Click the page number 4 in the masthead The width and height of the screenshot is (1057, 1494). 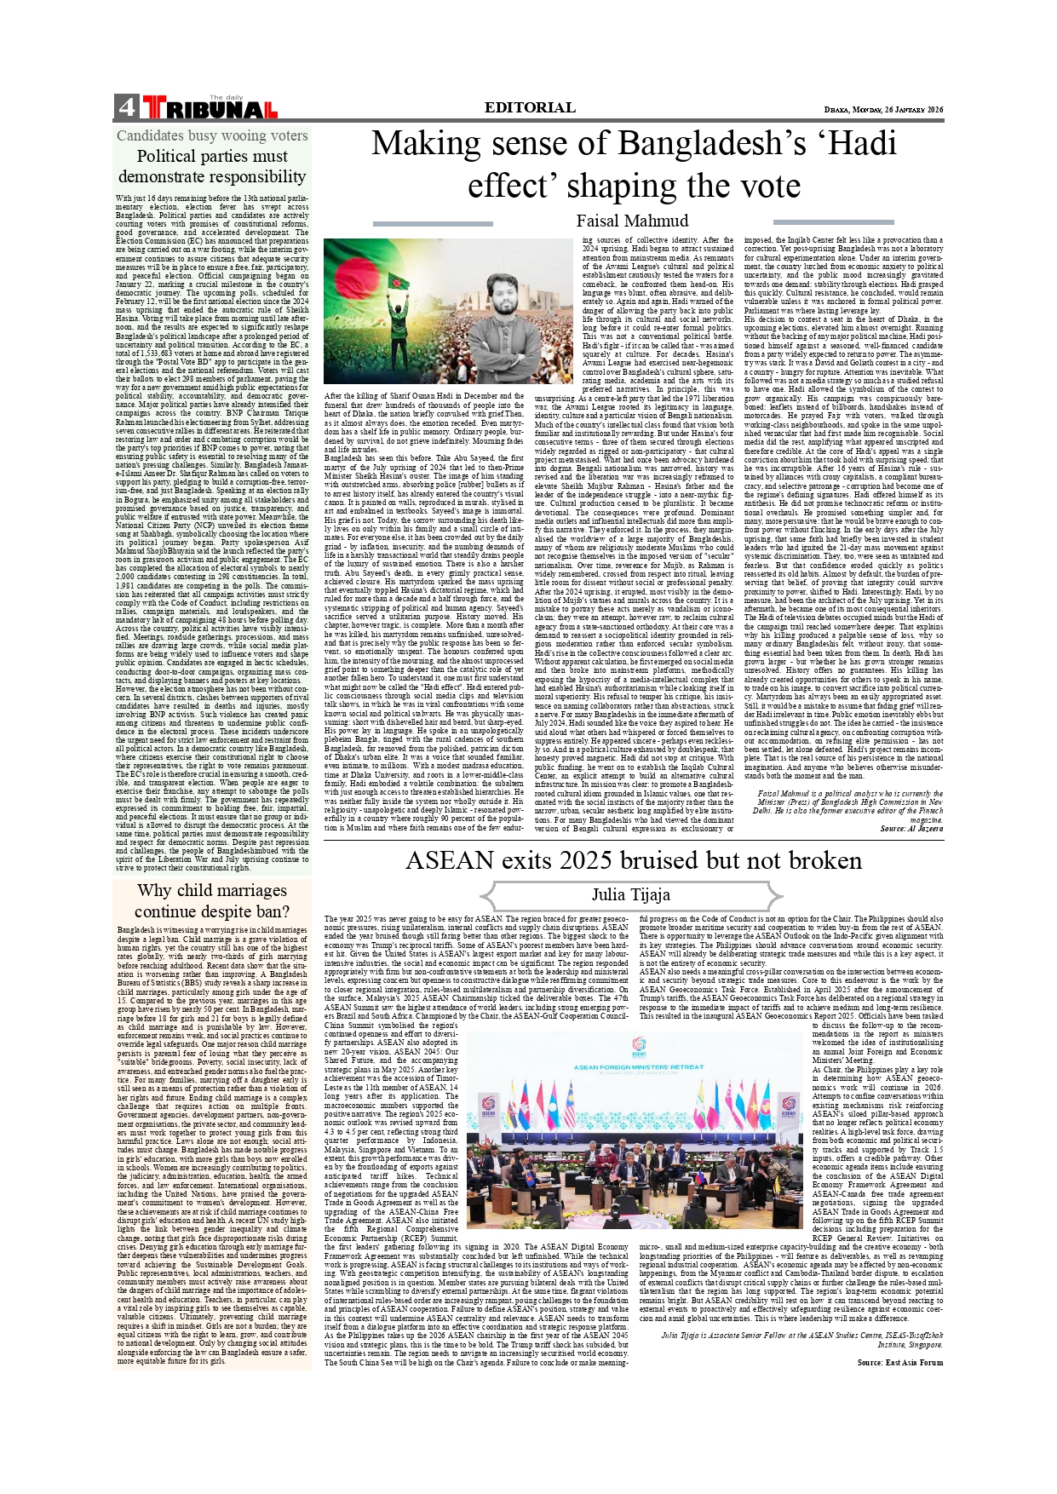127,108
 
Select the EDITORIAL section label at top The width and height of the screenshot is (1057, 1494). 530,107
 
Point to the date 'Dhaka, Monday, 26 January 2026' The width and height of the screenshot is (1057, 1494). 883,110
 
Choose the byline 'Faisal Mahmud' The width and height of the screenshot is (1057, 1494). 632,221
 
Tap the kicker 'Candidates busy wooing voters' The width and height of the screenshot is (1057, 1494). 212,135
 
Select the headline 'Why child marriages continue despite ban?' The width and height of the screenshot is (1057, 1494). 212,900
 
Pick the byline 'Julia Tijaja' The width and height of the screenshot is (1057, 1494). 631,894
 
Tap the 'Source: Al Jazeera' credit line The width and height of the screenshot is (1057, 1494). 911,828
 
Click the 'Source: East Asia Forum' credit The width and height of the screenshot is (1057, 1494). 899,1363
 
